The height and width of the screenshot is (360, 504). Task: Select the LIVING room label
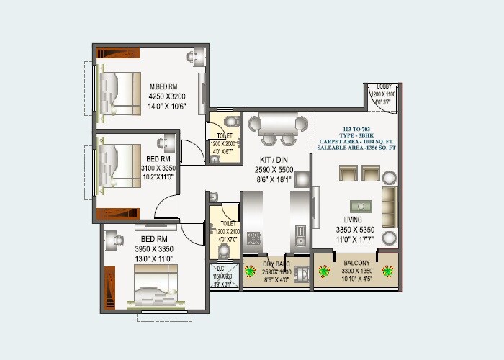tap(353, 220)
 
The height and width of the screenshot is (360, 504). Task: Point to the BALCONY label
tap(356, 263)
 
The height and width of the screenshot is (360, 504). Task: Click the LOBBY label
tap(384, 87)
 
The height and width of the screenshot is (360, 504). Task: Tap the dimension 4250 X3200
tap(167, 96)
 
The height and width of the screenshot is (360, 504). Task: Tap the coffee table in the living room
tap(361, 204)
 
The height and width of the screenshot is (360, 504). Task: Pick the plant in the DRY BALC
tap(251, 273)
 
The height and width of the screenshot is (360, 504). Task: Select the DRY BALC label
tap(276, 264)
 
